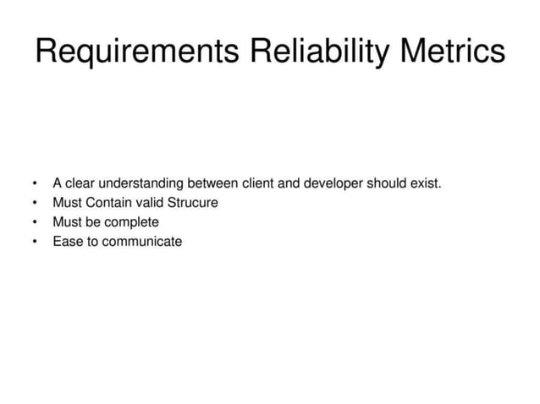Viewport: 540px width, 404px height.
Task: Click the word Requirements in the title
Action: click(137, 52)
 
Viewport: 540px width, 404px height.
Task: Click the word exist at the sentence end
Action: click(425, 183)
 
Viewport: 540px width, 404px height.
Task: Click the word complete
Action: click(132, 222)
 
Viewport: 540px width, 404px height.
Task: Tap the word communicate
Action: click(141, 242)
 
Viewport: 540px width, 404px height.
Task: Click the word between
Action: click(209, 183)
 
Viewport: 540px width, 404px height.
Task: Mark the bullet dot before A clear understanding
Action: click(34, 183)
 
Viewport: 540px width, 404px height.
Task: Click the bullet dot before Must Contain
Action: click(34, 203)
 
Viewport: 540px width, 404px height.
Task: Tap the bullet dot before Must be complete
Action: click(34, 222)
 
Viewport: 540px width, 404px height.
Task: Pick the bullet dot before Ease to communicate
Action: click(34, 242)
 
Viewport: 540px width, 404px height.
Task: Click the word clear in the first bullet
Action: click(81, 183)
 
